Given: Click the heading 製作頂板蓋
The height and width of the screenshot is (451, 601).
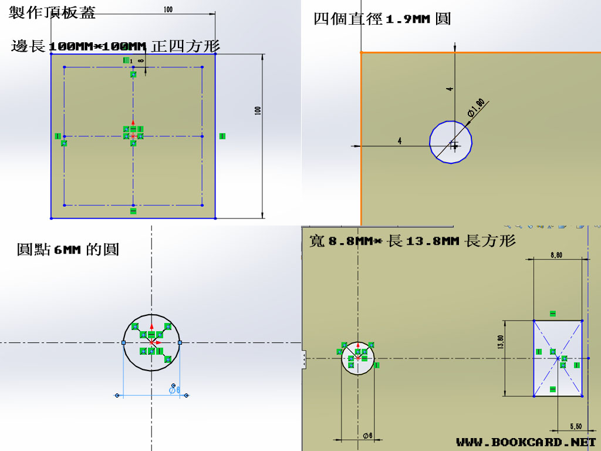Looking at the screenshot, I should point(52,12).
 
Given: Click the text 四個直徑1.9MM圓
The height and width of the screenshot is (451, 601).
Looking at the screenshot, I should point(382,19).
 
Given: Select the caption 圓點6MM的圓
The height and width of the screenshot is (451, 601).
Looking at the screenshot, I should point(68,250).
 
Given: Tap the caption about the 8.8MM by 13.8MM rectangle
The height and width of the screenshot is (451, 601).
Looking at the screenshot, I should point(412,241).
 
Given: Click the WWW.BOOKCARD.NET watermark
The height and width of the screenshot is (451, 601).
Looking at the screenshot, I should point(525,442).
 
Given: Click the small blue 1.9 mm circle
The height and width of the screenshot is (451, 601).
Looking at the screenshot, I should point(451,142).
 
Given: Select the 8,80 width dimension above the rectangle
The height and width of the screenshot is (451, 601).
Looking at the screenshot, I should point(556,255).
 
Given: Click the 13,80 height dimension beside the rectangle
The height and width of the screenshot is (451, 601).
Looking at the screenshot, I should point(501,342).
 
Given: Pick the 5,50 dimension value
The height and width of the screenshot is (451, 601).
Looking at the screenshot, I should point(575,426).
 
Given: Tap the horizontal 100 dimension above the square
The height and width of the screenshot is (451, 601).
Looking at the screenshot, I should point(168,9).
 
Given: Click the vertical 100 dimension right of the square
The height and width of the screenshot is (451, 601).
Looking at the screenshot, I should point(258,110).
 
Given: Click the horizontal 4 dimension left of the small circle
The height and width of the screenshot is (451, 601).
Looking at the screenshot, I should point(400,141).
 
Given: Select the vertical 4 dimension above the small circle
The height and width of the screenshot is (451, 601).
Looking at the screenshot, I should point(450,89).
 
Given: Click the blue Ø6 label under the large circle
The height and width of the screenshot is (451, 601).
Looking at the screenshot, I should point(174,389).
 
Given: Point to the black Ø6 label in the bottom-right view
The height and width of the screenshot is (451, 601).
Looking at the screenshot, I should point(368,435).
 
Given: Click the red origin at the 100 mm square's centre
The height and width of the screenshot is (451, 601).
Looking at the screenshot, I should point(133,136).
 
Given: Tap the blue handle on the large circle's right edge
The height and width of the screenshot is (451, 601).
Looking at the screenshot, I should point(180,342).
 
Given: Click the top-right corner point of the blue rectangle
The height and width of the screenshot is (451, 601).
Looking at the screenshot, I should point(582,321).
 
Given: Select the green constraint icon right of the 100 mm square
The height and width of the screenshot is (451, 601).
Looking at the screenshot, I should point(222,136).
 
